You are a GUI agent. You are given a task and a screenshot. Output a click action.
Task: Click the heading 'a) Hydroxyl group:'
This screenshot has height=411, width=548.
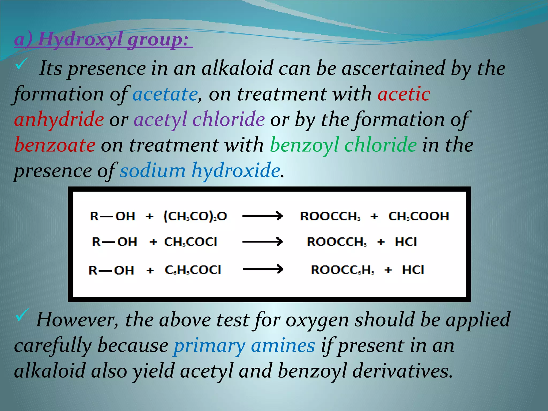coord(103,40)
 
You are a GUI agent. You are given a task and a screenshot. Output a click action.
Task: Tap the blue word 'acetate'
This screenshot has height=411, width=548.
coord(165,94)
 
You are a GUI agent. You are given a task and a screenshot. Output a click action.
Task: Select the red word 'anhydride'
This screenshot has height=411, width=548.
coord(59,119)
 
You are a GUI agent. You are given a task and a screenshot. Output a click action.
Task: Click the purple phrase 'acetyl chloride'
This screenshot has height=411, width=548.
coord(199,119)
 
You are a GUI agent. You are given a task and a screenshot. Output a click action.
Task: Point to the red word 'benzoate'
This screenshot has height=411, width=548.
coord(55,145)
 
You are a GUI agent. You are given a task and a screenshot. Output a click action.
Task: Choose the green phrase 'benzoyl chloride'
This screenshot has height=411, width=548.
coord(343,145)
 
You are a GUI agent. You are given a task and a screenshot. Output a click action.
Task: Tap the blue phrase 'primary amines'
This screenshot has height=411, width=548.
coord(244,345)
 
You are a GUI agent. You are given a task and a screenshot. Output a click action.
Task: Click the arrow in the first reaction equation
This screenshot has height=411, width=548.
coord(262,216)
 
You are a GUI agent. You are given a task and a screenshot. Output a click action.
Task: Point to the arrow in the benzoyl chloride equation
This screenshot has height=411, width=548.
coord(263,269)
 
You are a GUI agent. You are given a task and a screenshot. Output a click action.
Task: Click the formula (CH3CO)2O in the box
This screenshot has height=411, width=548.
coord(195,216)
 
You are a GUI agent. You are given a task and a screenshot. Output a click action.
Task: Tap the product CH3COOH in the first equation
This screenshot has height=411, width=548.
coord(418,216)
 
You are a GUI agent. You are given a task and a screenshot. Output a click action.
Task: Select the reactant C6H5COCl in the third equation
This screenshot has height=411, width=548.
coord(193,270)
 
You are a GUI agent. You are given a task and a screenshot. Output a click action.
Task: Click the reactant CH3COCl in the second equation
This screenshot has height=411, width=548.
coord(191,242)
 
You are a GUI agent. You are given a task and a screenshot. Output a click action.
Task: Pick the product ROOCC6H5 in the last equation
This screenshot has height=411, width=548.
coord(342,270)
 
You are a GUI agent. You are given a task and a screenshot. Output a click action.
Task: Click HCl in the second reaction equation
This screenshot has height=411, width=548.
coord(406,242)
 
